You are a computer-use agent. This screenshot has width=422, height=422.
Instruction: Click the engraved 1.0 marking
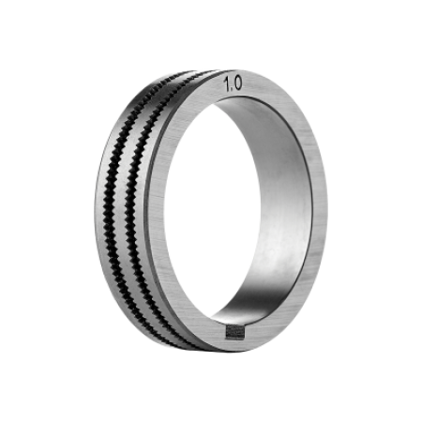233,84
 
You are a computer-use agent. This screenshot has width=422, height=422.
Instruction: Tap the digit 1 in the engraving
227,85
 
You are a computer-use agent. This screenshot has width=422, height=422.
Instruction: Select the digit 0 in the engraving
237,83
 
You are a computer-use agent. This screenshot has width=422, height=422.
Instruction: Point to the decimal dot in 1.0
232,90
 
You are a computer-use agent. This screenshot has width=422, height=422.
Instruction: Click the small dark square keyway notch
234,332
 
